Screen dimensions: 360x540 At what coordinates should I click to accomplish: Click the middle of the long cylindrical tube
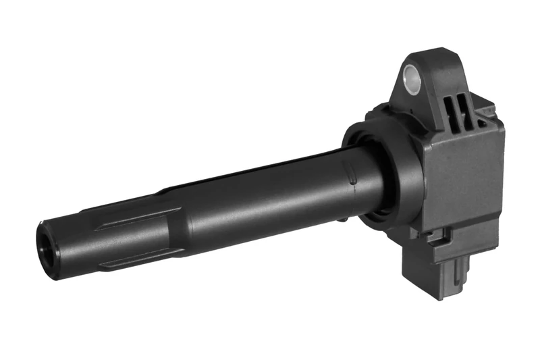tap(263, 203)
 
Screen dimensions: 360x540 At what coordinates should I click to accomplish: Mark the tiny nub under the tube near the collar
tap(343, 218)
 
